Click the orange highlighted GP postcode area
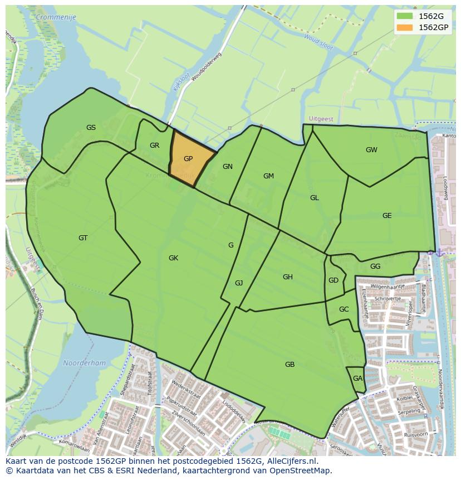pyautogui.click(x=189, y=159)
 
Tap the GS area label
pyautogui.click(x=91, y=128)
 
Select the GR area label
pyautogui.click(x=154, y=146)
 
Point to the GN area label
pyautogui.click(x=227, y=167)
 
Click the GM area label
pyautogui.click(x=268, y=176)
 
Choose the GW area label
pyautogui.click(x=371, y=150)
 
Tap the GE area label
pyautogui.click(x=387, y=216)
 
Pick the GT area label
pyautogui.click(x=83, y=238)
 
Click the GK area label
pyautogui.click(x=173, y=258)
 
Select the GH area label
pyautogui.click(x=287, y=277)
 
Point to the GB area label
pyautogui.click(x=290, y=365)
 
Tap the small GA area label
pyautogui.click(x=357, y=379)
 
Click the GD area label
pyautogui.click(x=333, y=280)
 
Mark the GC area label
pyautogui.click(x=344, y=309)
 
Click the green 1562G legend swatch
pyautogui.click(x=405, y=16)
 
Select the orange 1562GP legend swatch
pyautogui.click(x=405, y=27)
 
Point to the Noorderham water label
pyautogui.click(x=84, y=363)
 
